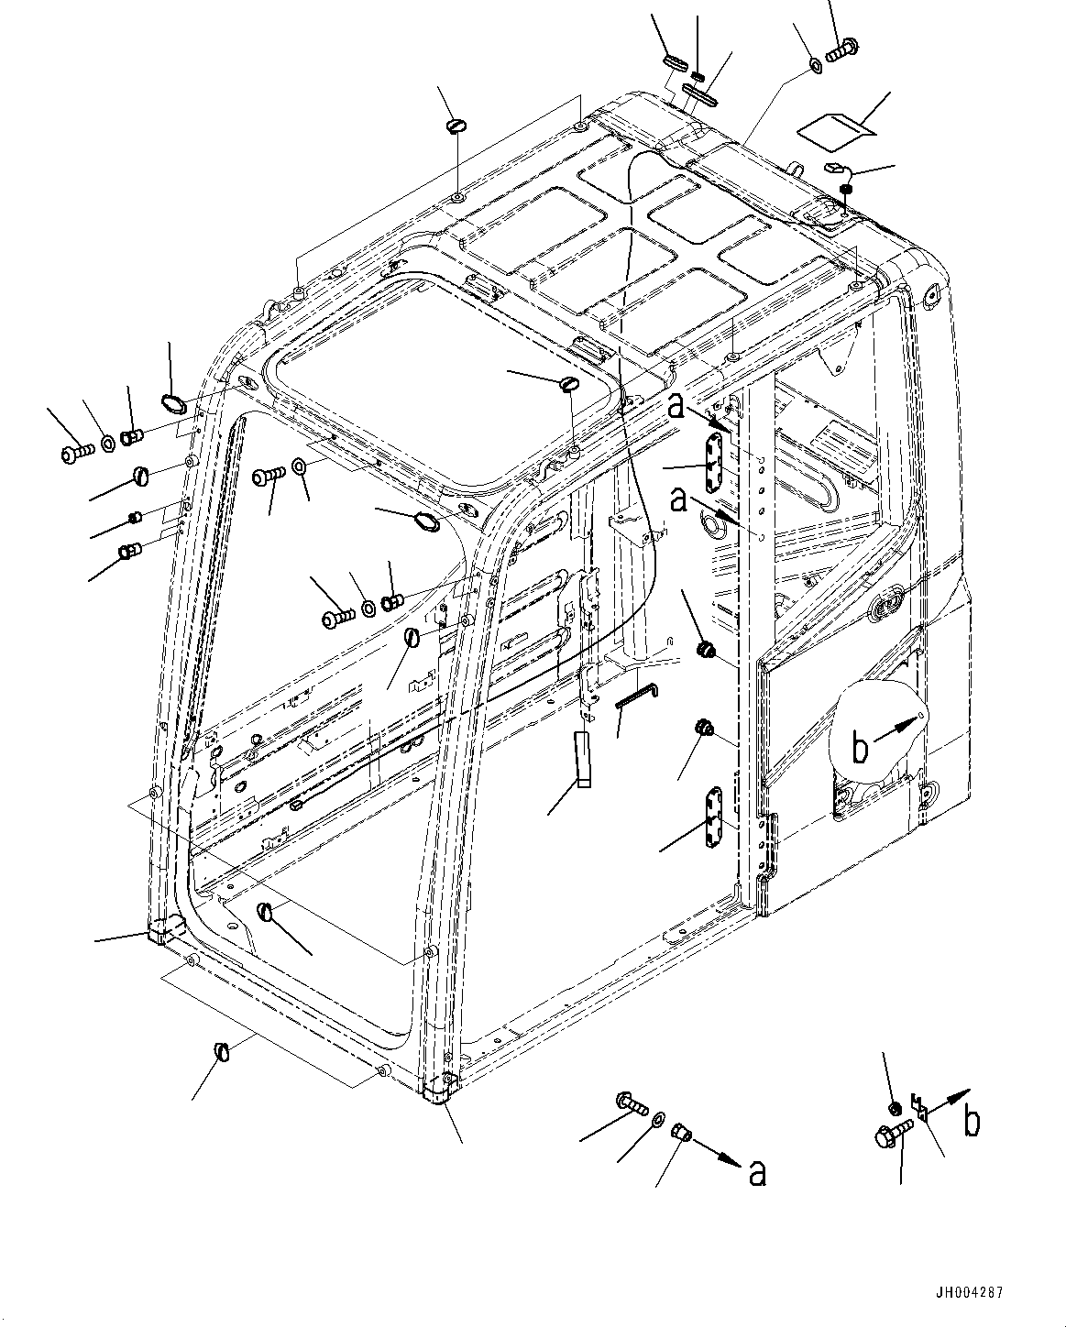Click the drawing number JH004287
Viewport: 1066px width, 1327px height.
coord(970,1293)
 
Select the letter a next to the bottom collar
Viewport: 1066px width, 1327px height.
coord(757,1173)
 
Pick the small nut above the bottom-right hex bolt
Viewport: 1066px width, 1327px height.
coord(896,1109)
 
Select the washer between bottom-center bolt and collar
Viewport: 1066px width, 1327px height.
coord(658,1120)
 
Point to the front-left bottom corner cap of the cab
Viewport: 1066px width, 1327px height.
coord(164,930)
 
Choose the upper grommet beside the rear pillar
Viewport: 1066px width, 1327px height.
coord(706,650)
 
